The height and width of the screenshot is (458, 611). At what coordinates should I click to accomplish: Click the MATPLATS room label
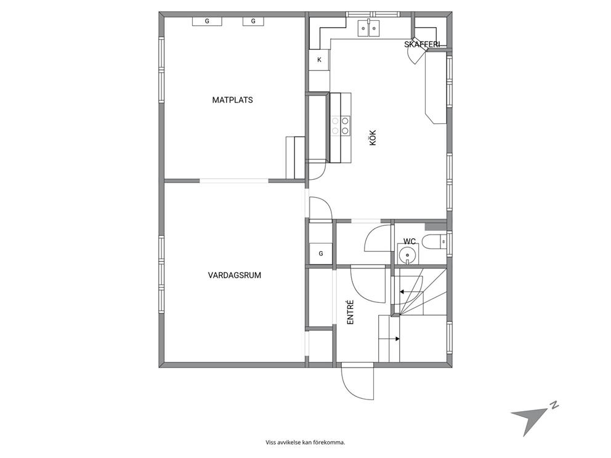232,100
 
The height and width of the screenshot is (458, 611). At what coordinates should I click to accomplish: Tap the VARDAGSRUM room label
234,275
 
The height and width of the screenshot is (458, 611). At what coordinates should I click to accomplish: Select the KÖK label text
373,138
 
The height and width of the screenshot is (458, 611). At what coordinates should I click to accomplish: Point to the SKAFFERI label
422,44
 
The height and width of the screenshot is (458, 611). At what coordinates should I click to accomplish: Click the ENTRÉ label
350,312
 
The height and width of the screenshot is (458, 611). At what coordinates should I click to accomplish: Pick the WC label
410,241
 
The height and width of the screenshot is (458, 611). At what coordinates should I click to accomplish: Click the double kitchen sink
368,28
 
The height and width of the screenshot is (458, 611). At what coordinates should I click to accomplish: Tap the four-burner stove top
340,126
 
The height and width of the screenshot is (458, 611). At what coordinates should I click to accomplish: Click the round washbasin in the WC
408,254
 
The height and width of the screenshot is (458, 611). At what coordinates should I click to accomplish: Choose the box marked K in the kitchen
320,60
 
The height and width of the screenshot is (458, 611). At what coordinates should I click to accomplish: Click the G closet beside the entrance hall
321,254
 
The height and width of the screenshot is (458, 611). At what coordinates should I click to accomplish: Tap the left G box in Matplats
207,21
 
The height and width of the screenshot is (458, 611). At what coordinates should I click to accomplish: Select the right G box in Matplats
253,21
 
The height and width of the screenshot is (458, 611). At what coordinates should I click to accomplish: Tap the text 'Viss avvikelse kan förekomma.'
305,443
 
